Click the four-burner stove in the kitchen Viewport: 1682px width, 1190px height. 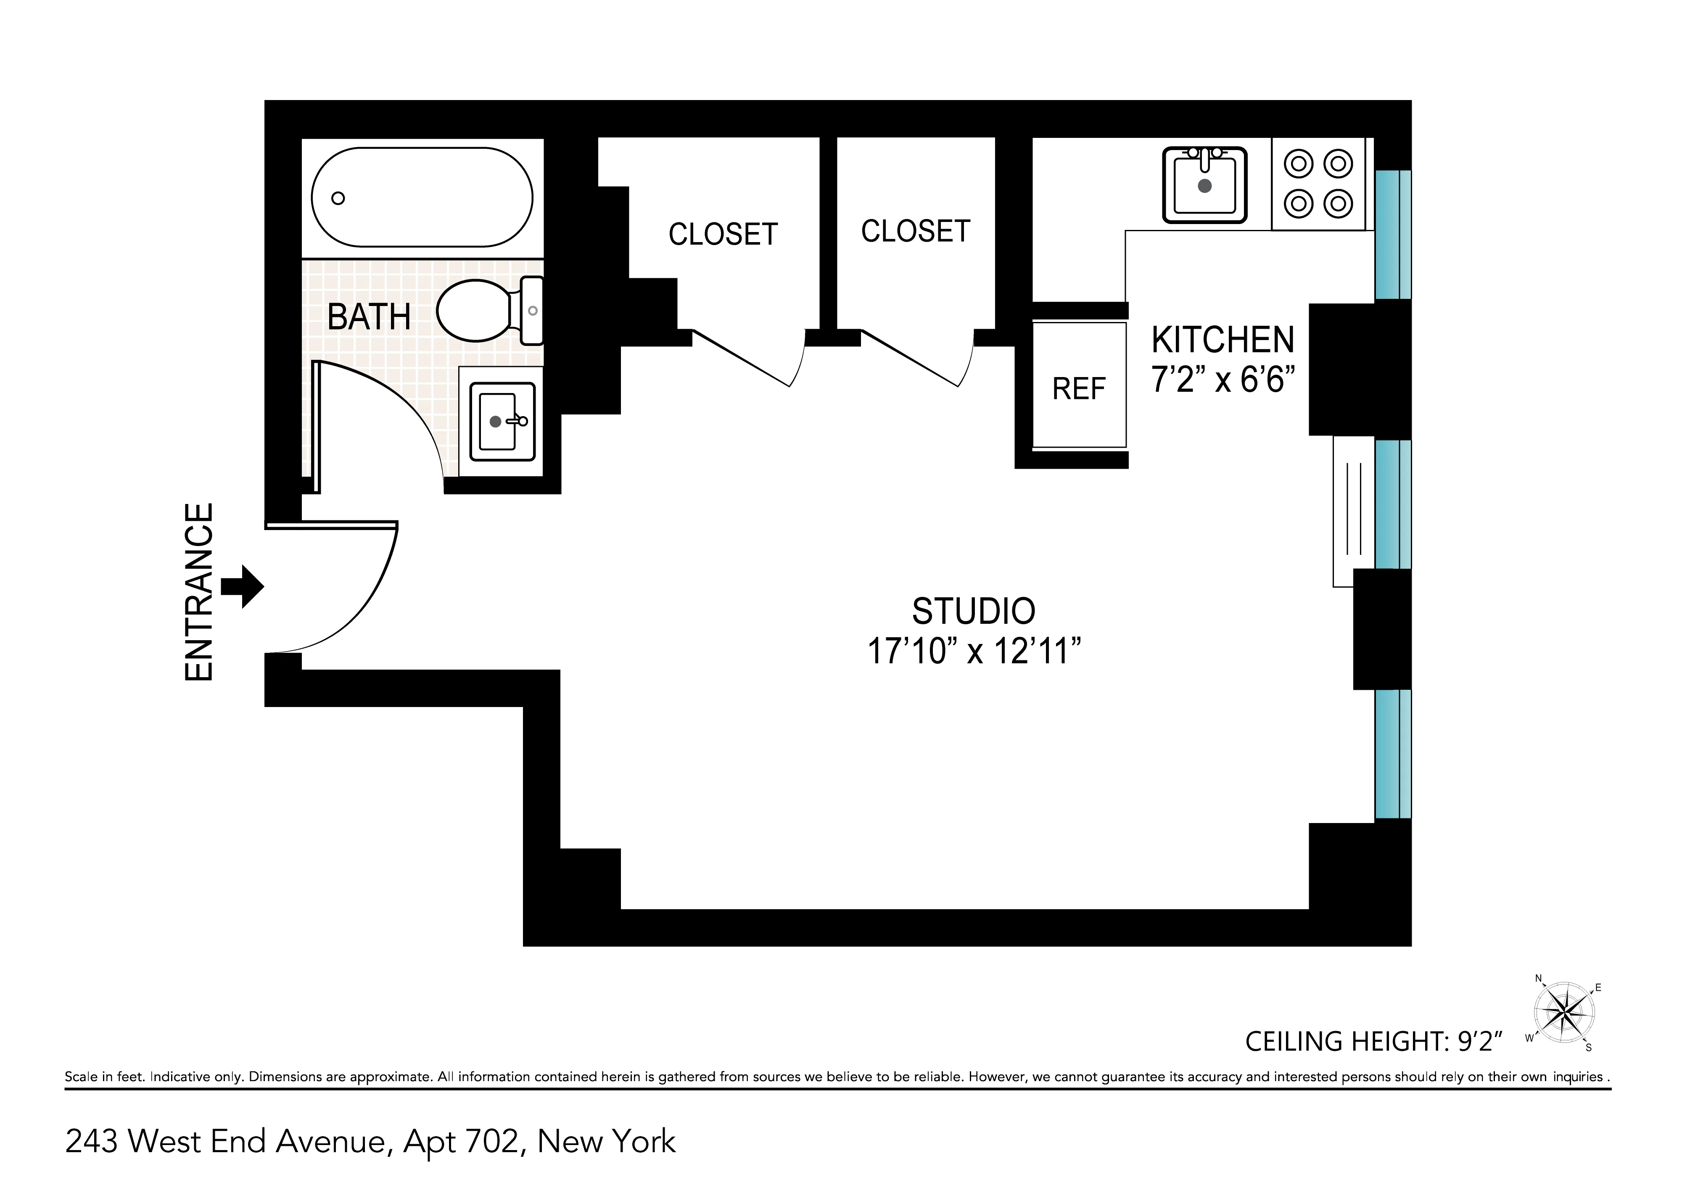tap(1318, 184)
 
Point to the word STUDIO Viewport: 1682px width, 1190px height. tap(973, 611)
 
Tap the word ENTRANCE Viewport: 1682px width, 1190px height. tap(198, 592)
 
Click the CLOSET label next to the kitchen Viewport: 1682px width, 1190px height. tap(915, 232)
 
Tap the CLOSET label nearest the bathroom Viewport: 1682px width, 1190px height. tap(723, 235)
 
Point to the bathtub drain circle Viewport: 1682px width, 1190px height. tap(338, 198)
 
